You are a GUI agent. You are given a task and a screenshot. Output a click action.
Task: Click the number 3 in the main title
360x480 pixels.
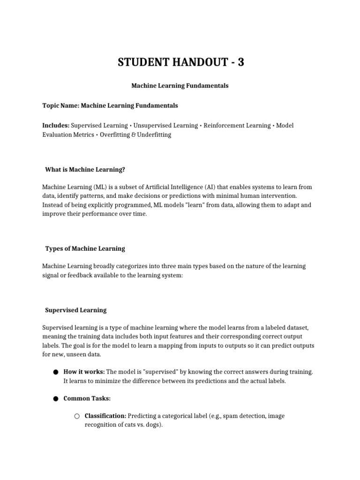point(240,62)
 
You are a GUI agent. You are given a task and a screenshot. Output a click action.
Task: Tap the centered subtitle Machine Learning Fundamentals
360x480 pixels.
point(180,86)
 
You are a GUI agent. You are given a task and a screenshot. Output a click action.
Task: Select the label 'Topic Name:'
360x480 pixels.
point(60,106)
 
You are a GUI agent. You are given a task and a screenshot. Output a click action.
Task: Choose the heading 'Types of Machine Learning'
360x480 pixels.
point(85,248)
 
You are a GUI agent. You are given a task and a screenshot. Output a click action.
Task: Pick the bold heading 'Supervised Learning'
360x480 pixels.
point(75,310)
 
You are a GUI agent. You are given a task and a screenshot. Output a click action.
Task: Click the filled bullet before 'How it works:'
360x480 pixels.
point(55,372)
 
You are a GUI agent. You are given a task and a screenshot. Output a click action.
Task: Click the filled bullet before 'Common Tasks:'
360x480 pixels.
point(55,399)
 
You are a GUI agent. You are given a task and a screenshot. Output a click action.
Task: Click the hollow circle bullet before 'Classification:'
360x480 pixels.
point(77,416)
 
